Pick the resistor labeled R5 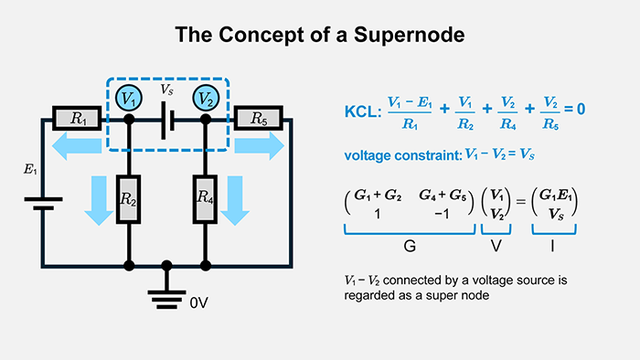(x=258, y=118)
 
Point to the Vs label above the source (x=166, y=91)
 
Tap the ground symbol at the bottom (x=166, y=293)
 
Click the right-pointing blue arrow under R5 (x=258, y=144)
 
